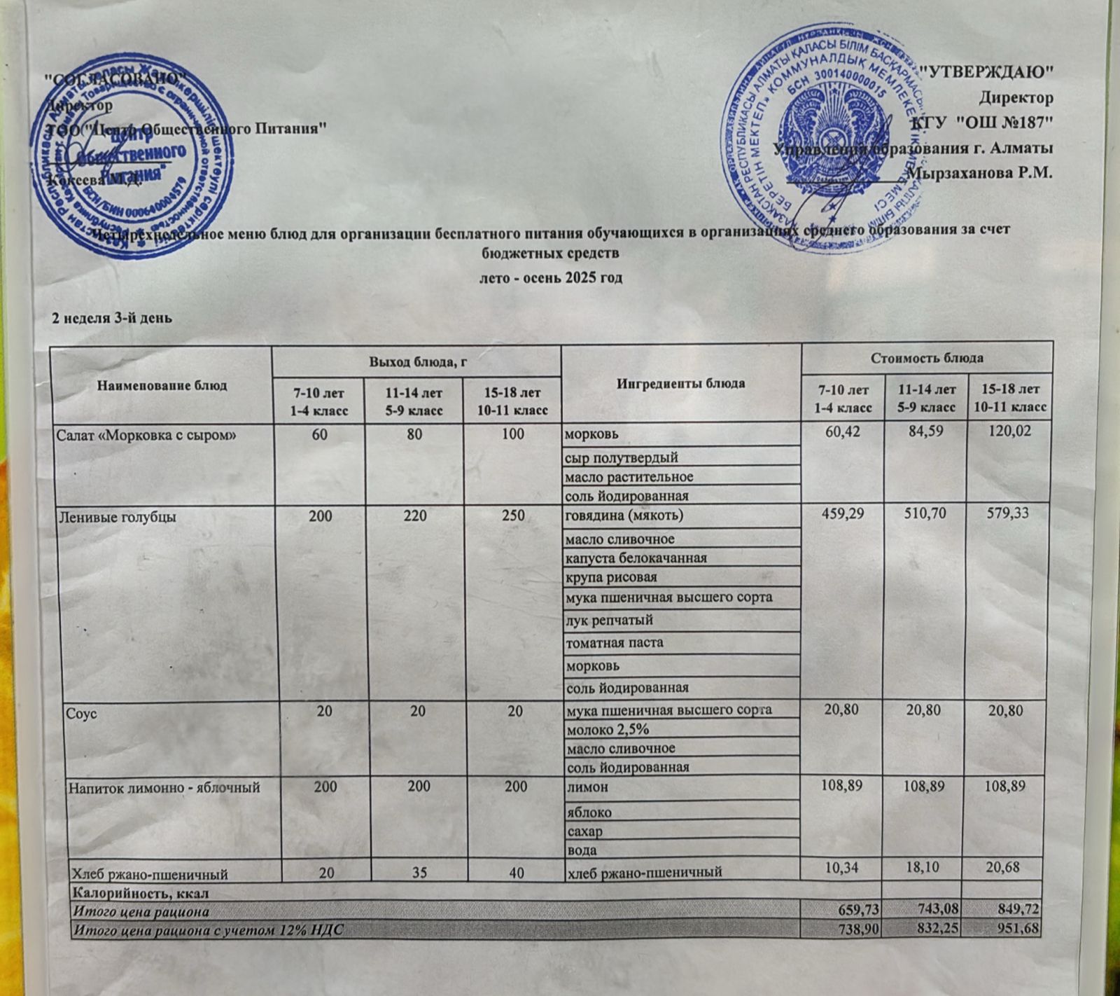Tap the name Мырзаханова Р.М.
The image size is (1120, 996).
(x=979, y=172)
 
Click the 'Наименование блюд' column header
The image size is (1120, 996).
(x=162, y=385)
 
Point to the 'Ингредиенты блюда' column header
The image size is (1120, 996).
(x=680, y=383)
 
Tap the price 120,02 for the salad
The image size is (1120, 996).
(x=1007, y=434)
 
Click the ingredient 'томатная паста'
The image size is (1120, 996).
(x=614, y=642)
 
